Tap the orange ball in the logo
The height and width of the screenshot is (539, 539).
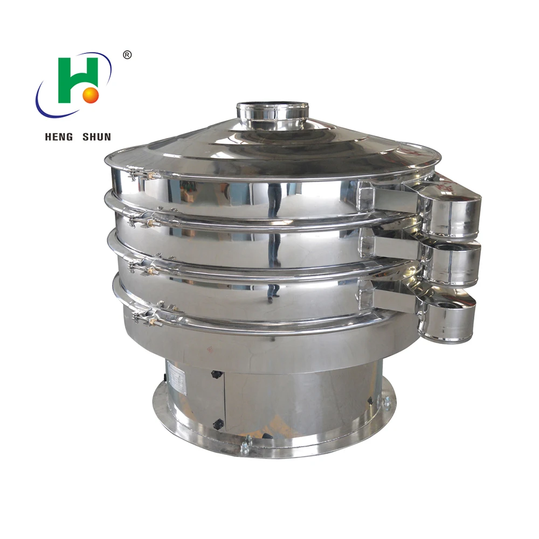pyautogui.click(x=91, y=95)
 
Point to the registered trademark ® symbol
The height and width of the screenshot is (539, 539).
pyautogui.click(x=127, y=54)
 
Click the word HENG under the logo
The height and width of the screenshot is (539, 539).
pyautogui.click(x=60, y=137)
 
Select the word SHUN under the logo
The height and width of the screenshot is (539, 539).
pyautogui.click(x=96, y=137)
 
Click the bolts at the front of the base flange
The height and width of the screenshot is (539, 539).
pyautogui.click(x=245, y=445)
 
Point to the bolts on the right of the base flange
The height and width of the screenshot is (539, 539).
pyautogui.click(x=386, y=402)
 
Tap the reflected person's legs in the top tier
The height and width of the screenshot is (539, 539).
pyautogui.click(x=275, y=199)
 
